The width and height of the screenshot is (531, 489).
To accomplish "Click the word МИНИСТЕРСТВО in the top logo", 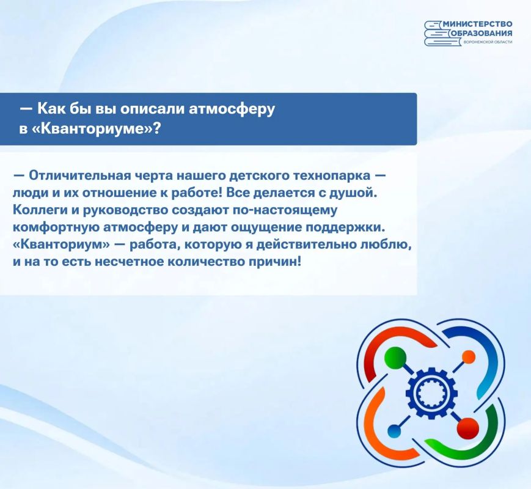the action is click(477, 24).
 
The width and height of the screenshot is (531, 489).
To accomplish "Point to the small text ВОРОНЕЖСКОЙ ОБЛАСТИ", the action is click(488, 42).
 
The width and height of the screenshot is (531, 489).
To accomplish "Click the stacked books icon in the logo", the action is click(437, 33).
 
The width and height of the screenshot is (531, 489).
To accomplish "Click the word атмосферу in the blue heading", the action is click(232, 109).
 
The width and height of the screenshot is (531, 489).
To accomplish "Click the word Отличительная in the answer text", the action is click(79, 175).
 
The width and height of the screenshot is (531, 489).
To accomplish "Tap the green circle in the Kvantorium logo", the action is click(395, 358).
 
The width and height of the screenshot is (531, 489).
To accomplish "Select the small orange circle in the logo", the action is click(469, 356).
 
